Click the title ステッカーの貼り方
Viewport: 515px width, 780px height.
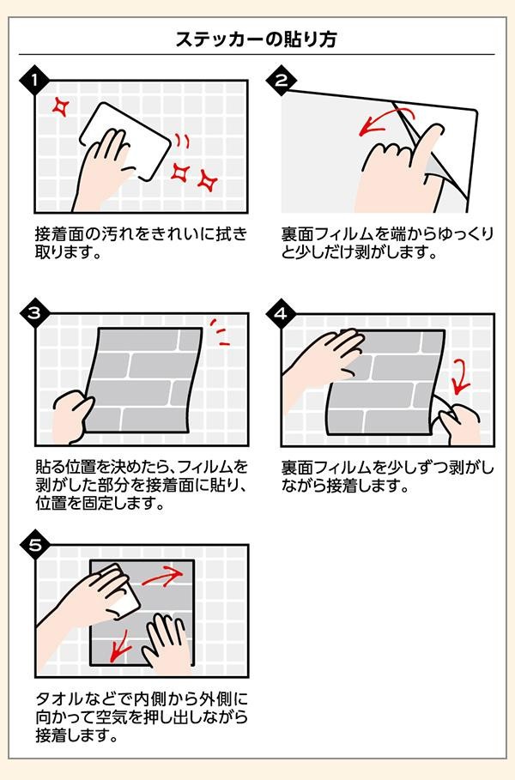[x=257, y=39]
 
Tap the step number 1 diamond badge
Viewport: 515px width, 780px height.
[x=34, y=80]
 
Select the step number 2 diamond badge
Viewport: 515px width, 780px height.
[x=282, y=80]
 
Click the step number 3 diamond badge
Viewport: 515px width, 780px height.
[x=34, y=313]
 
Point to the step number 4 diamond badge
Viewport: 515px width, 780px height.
[x=282, y=313]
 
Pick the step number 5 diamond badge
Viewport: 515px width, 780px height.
[x=34, y=545]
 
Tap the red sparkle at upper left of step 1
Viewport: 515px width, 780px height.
[x=61, y=106]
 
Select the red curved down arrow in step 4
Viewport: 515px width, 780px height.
[x=462, y=377]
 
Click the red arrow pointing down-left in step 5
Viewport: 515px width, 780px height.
[x=119, y=647]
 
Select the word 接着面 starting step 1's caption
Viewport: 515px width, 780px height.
[x=60, y=233]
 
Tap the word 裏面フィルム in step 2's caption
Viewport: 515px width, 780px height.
[x=327, y=233]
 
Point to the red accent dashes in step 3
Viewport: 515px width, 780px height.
[x=219, y=332]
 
